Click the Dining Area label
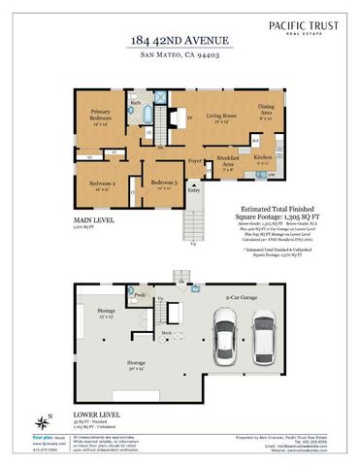click(x=265, y=110)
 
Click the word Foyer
click(x=195, y=158)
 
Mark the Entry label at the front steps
click(x=194, y=190)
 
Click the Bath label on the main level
click(x=136, y=102)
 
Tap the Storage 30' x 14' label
click(x=136, y=365)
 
